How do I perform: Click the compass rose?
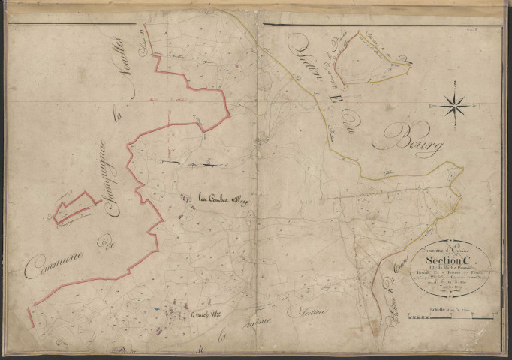pyautogui.click(x=455, y=105)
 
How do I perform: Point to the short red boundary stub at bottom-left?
pyautogui.click(x=32, y=315)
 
